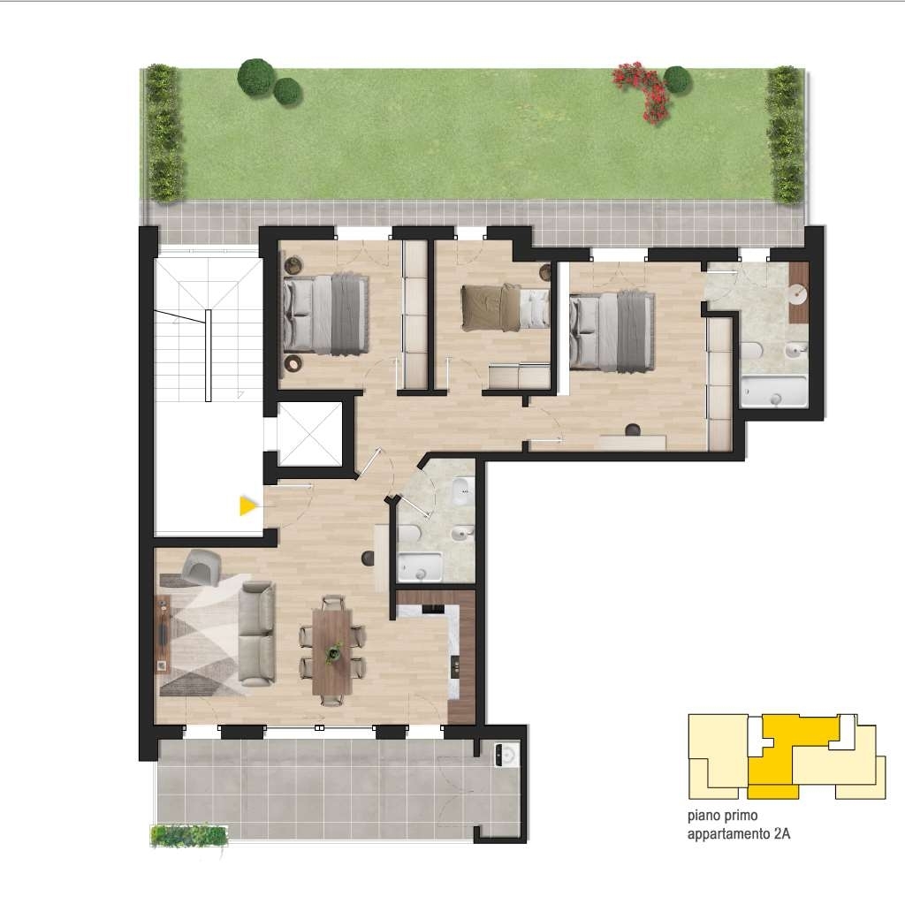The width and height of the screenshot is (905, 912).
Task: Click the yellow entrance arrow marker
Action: (x=247, y=506)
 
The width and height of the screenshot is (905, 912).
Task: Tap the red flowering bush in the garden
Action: (x=644, y=91)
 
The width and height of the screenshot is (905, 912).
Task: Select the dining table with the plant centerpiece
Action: (x=332, y=650)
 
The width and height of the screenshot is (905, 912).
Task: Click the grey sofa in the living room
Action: (x=256, y=634)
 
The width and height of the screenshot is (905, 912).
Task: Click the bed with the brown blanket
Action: (x=505, y=308)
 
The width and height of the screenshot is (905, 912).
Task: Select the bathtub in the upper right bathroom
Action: (x=773, y=391)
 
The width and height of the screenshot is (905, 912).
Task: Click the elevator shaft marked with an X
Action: (x=309, y=433)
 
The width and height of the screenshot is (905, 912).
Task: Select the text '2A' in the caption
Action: (x=781, y=833)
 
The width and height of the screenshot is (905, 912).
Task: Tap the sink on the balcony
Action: (x=506, y=755)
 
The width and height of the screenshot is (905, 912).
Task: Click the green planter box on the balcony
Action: (x=188, y=836)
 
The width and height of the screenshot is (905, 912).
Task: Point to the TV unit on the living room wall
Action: (x=164, y=634)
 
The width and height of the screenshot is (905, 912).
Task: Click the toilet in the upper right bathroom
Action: (x=751, y=351)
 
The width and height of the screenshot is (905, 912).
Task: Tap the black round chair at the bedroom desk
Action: (x=632, y=430)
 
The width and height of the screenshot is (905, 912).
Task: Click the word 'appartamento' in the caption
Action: (x=728, y=834)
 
